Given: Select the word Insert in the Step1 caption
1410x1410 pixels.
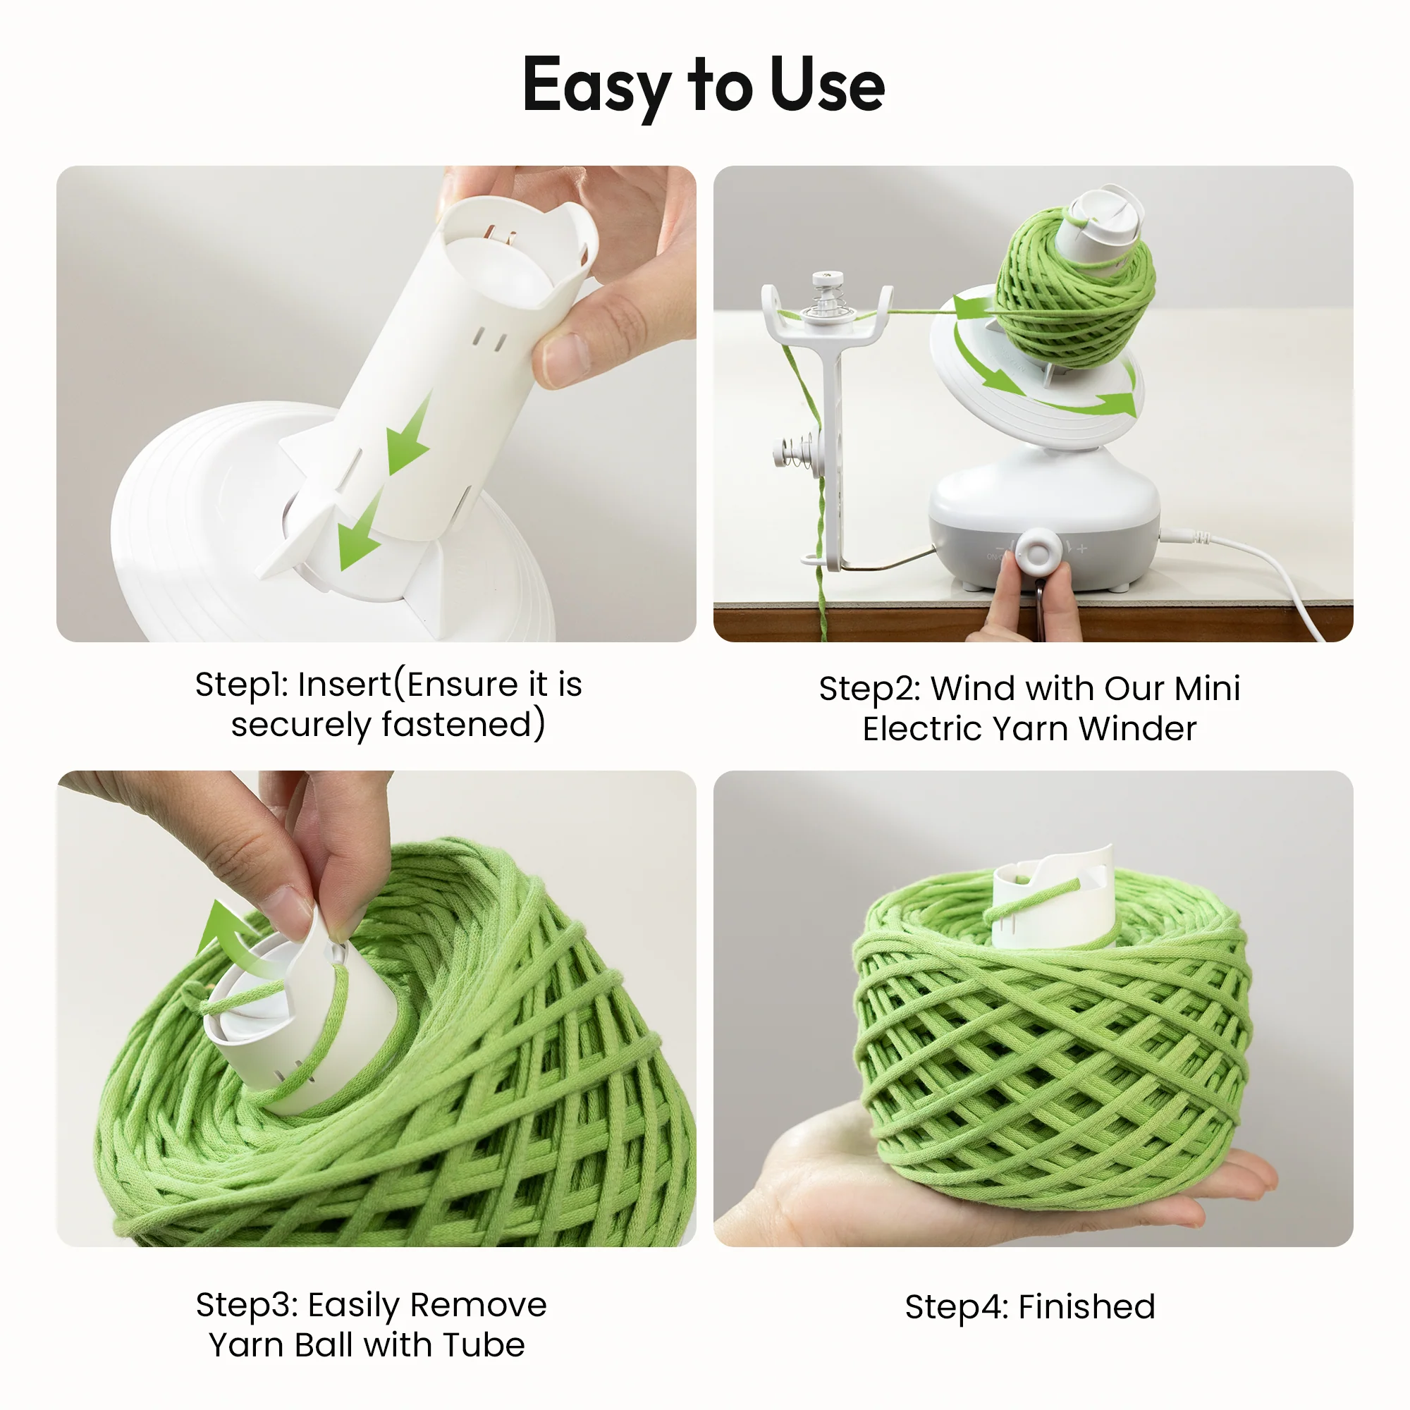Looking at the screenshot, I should tap(345, 685).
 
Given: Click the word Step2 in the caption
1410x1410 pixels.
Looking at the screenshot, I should tap(869, 689).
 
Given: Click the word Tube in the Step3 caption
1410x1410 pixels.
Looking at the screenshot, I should tap(483, 1345).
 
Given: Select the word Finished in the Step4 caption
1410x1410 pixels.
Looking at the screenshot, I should tap(1086, 1307).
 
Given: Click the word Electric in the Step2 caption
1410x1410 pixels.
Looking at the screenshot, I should tap(920, 729).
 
